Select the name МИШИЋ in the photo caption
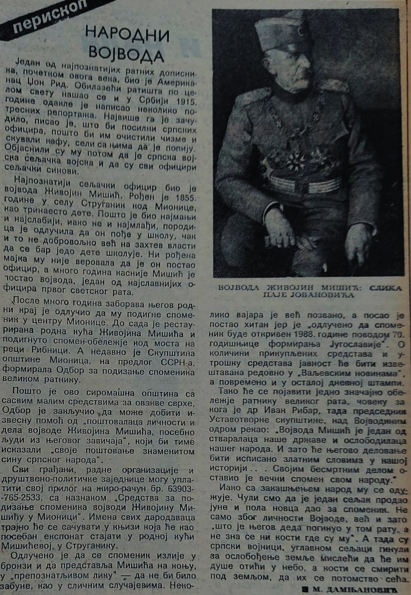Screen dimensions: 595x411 tap(325, 287)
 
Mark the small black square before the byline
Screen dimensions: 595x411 tap(305, 588)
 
